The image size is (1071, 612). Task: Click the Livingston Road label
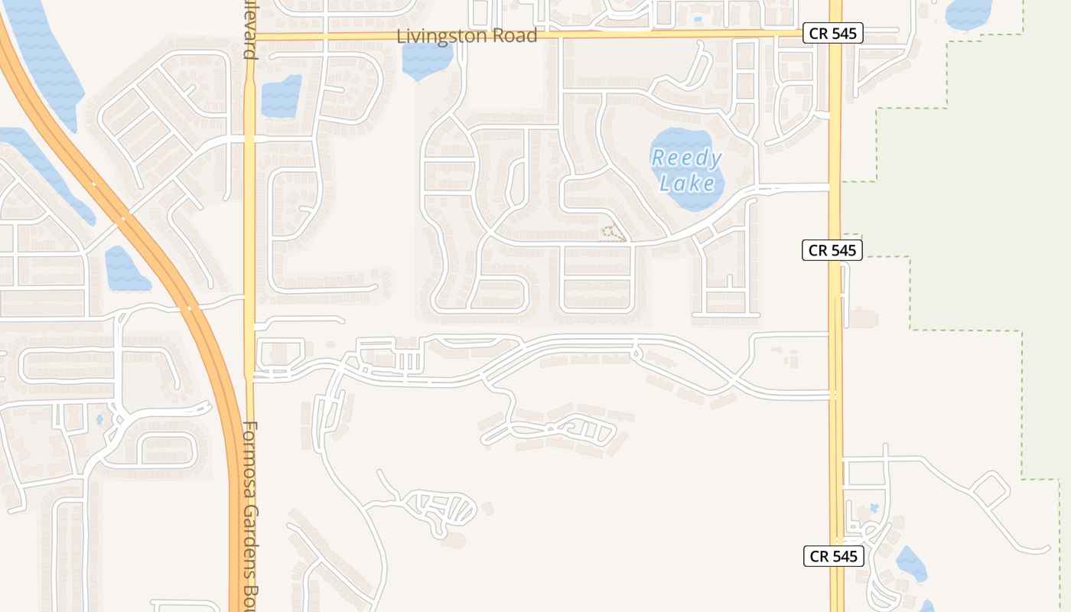[467, 36]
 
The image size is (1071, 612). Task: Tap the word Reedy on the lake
[686, 158]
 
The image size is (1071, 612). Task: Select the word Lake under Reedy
[688, 183]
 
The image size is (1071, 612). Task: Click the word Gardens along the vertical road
[250, 535]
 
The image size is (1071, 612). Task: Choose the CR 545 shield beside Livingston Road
[832, 34]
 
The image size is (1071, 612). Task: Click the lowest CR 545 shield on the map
[833, 556]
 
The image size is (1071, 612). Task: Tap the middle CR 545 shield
[832, 250]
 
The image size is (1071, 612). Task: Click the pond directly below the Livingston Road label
[427, 61]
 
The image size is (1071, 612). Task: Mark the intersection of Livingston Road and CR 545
[835, 34]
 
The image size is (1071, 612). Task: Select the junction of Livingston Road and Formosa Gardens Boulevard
[249, 36]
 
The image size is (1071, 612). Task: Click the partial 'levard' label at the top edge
[249, 31]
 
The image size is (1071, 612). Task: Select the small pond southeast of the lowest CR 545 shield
[910, 565]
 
